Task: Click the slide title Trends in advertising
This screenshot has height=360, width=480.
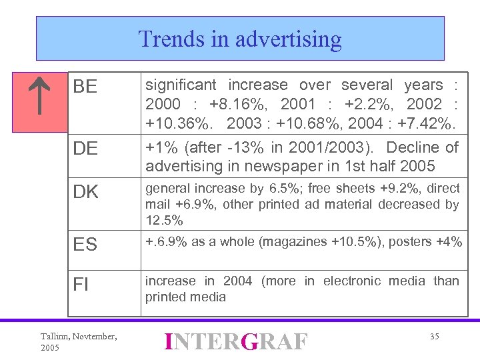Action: click(x=240, y=39)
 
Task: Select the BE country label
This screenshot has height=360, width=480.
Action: click(x=85, y=87)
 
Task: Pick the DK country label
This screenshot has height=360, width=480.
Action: click(x=85, y=192)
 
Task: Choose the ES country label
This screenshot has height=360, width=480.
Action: click(x=85, y=245)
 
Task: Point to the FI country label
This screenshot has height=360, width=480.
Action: click(x=81, y=285)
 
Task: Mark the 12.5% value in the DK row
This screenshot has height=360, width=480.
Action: click(x=164, y=220)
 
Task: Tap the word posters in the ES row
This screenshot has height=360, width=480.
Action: click(x=404, y=241)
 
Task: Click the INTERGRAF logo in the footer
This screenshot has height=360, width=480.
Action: click(x=236, y=342)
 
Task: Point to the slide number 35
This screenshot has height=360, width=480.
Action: click(x=434, y=337)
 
